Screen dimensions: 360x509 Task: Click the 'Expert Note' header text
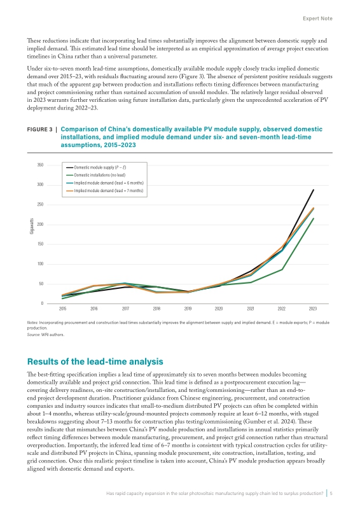coord(317,18)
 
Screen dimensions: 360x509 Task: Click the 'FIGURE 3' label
coord(39,129)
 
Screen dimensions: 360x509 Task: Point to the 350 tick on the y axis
coord(40,165)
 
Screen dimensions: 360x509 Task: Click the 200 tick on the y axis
coord(40,225)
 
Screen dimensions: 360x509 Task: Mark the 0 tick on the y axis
coord(42,303)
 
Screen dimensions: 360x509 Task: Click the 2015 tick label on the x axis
coord(63,309)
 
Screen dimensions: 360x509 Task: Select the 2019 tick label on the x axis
coord(188,309)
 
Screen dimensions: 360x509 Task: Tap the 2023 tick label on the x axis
coord(312,309)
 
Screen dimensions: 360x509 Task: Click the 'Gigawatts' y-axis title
coord(32,226)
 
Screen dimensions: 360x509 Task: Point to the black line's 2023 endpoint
coord(314,190)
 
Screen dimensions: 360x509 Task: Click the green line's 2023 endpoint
coord(314,218)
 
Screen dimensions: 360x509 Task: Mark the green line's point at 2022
coord(282,269)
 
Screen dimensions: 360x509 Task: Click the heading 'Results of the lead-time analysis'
coord(95,361)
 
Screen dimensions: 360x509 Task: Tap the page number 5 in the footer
coord(331,494)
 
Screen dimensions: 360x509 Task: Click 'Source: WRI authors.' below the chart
coord(46,335)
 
